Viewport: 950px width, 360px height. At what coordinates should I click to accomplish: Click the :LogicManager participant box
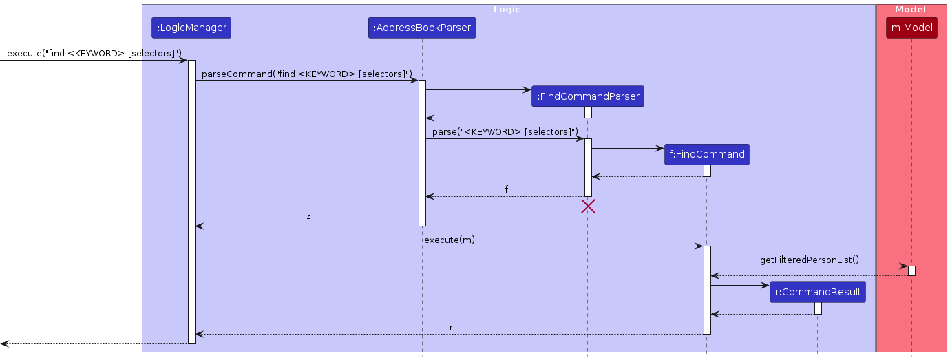tap(191, 28)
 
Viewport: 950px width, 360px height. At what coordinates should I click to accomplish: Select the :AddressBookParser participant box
tap(422, 28)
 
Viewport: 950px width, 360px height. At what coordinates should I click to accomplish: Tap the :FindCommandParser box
tap(587, 96)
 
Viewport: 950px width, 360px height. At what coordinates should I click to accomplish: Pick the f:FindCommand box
tap(706, 154)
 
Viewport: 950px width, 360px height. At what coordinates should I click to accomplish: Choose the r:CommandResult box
tap(818, 292)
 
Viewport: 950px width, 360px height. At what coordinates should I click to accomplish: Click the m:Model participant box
tap(911, 28)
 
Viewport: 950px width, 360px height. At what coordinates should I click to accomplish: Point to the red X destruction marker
tap(588, 206)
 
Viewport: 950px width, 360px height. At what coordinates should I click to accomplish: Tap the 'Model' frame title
tap(910, 10)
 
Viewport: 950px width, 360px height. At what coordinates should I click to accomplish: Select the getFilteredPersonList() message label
tap(809, 260)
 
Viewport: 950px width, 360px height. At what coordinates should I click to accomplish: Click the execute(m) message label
tap(449, 240)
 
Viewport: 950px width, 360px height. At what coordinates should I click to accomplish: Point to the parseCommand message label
tap(306, 74)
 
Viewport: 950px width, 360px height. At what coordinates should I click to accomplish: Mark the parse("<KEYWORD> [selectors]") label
tap(505, 131)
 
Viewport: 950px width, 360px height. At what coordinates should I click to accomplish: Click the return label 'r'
tap(451, 328)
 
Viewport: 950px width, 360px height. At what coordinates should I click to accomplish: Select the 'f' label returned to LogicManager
tap(308, 220)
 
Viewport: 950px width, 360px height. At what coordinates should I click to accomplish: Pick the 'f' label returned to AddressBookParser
tap(507, 189)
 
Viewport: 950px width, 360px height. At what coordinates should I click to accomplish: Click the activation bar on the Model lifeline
tap(911, 271)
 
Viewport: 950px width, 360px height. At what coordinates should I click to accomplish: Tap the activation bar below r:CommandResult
tap(818, 308)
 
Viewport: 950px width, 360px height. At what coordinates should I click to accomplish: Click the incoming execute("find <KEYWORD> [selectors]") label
tap(94, 53)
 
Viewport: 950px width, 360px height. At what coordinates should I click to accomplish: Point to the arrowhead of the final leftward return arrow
tap(4, 343)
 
